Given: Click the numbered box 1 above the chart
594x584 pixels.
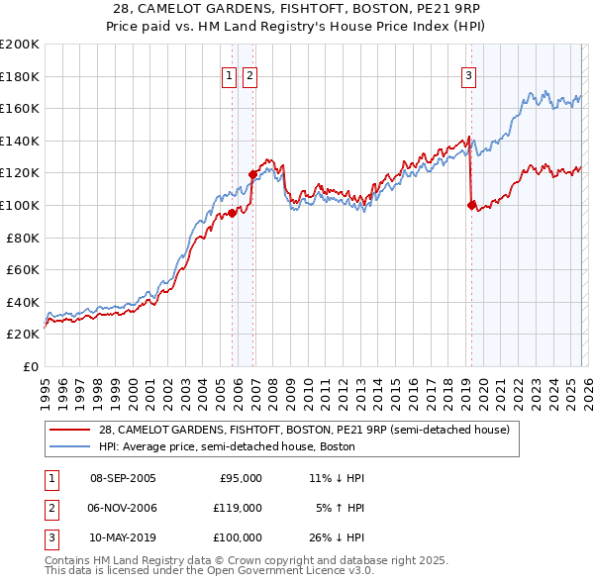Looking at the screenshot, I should pos(230,74).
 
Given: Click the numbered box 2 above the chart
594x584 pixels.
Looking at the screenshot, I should pos(249,74).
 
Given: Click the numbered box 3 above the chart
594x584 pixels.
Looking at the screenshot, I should pos(467,74).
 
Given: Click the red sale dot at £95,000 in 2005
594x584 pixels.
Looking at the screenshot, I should pos(233,212).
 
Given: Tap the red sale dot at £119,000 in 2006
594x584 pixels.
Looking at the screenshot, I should pos(252,173).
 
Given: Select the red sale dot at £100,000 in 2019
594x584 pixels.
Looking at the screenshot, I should pos(471,205).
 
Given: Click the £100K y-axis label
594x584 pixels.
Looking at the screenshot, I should pos(20,205).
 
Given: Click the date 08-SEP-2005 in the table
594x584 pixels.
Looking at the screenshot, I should pos(123,478).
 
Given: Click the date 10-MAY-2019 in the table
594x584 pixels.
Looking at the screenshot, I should pos(123,537).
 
